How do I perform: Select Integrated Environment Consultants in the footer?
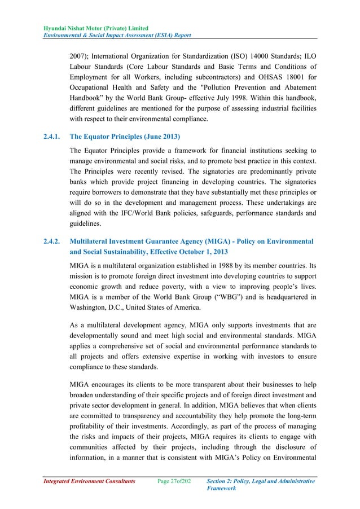point(86,480)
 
